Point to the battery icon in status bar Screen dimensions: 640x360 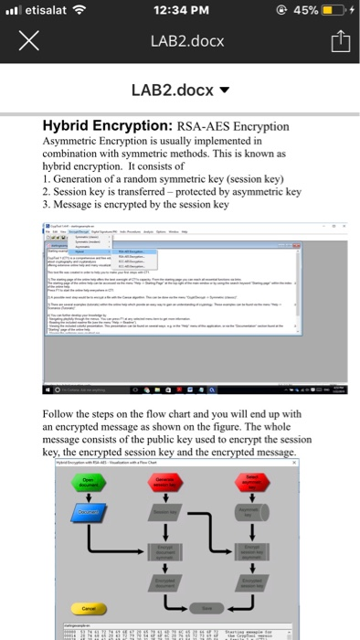(333, 11)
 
